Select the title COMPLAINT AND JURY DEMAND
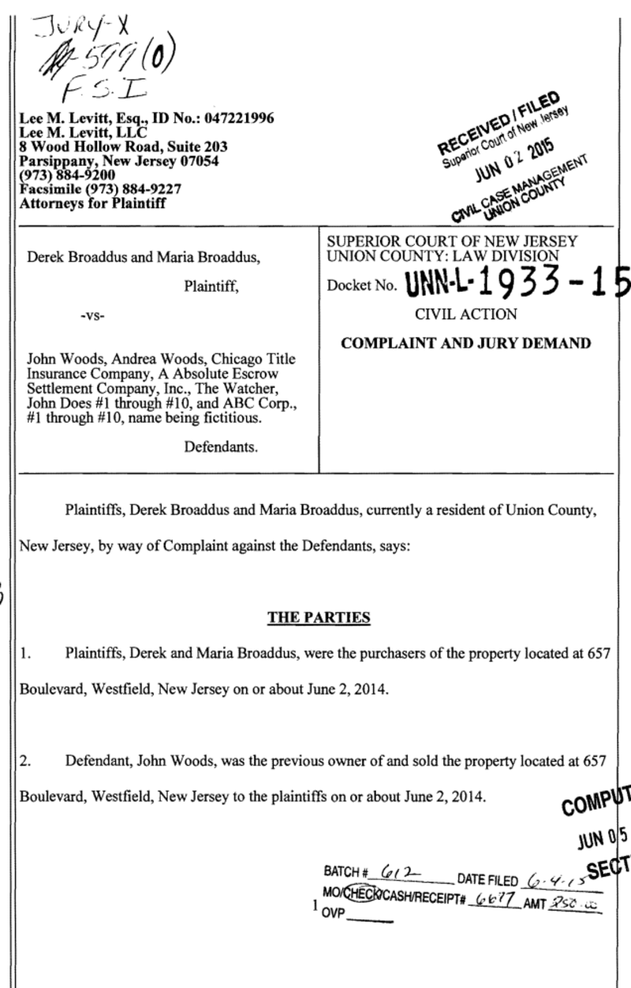coord(459,344)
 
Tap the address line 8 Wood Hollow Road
coord(88,147)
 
